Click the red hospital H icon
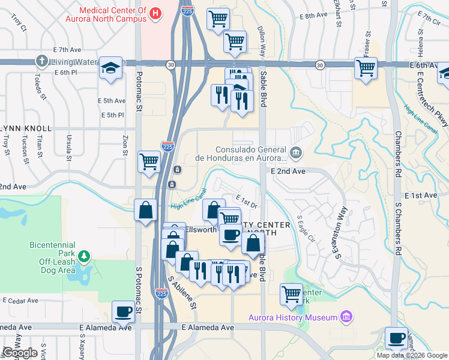(x=156, y=14)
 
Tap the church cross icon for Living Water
(x=41, y=61)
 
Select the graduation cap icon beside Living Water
(x=111, y=68)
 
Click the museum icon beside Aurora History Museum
(x=345, y=316)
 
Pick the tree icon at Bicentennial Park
(x=85, y=257)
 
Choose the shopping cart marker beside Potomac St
(x=149, y=160)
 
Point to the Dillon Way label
(x=261, y=40)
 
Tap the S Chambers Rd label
(x=397, y=229)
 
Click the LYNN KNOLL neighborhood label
(x=26, y=128)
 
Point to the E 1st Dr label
(x=246, y=202)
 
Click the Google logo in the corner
(x=20, y=353)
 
